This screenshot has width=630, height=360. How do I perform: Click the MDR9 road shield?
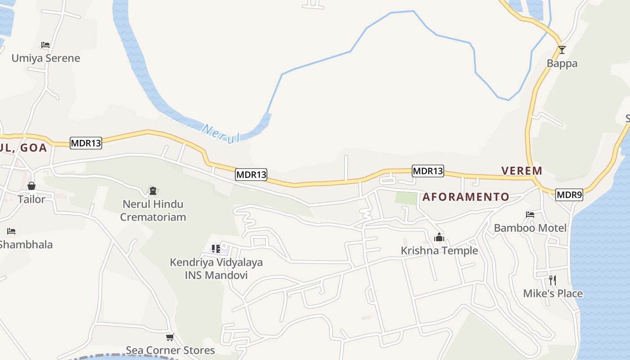[x=569, y=195]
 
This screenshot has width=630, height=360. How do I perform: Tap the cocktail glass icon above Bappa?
[x=562, y=49]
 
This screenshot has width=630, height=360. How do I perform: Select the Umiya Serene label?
[x=45, y=58]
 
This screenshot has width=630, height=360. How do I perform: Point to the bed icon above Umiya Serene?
[x=45, y=45]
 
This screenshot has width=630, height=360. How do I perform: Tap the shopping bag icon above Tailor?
[x=31, y=186]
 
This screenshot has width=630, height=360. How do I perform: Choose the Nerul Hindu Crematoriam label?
[x=153, y=210]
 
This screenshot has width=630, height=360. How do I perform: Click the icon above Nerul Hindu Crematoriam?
[x=153, y=191]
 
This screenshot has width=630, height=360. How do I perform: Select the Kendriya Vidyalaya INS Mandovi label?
[x=216, y=268]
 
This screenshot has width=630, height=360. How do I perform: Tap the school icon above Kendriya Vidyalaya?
[x=216, y=248]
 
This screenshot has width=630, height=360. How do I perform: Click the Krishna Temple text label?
[x=439, y=250]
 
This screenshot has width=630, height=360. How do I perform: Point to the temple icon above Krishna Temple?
[x=439, y=237]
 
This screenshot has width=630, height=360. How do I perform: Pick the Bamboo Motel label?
[x=530, y=228]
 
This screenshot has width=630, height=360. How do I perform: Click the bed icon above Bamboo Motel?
[x=530, y=215]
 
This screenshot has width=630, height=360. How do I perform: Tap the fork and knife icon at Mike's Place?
[x=553, y=280]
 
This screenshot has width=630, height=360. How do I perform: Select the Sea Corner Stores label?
[x=170, y=350]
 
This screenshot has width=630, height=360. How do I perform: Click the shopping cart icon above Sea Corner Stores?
[x=170, y=337]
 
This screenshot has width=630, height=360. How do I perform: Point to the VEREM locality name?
[x=522, y=171]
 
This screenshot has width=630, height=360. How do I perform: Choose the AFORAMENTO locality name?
[x=466, y=197]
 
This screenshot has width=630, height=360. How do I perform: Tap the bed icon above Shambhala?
[x=11, y=231]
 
